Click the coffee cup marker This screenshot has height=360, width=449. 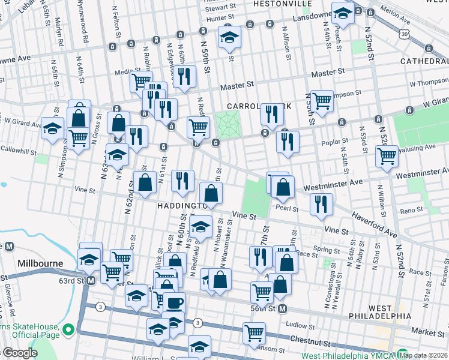(x=174, y=303)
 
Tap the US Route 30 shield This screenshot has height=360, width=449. (x=405, y=35)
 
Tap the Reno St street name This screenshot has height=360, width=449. (x=412, y=210)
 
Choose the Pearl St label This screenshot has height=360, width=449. (x=287, y=208)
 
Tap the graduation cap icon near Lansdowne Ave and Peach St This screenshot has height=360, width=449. (x=343, y=13)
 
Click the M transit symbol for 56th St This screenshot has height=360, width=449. (x=282, y=308)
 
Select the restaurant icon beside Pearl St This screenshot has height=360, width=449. (x=322, y=203)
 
